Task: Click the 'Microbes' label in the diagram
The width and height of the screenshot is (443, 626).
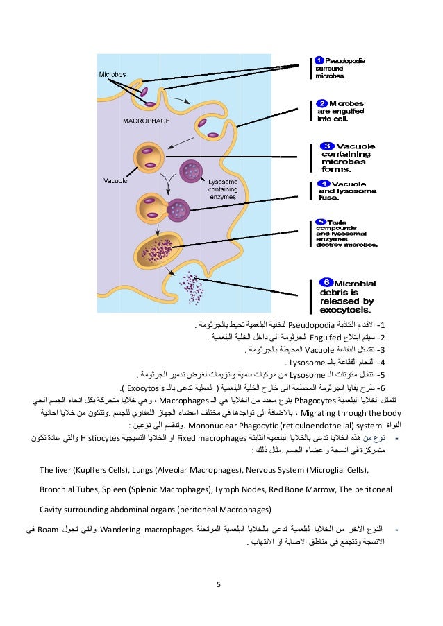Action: [111, 73]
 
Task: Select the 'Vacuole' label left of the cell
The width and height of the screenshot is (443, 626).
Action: [115, 180]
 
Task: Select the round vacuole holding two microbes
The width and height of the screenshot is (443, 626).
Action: [147, 157]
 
